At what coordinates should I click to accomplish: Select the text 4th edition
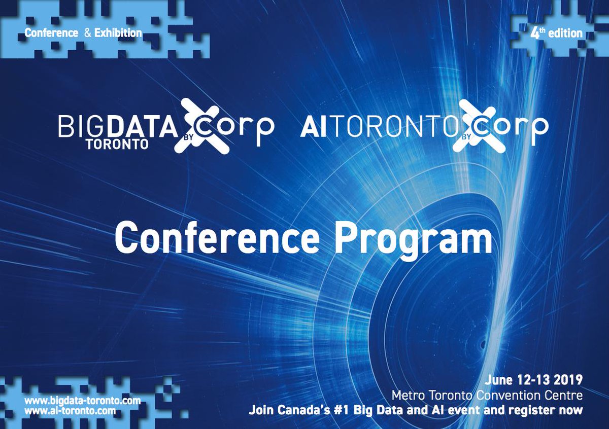(x=556, y=33)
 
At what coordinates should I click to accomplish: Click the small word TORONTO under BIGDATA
(x=117, y=144)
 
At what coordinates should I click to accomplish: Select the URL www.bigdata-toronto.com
(x=83, y=401)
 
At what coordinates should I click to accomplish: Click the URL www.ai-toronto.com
(x=70, y=410)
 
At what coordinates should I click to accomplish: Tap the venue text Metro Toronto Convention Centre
(x=487, y=395)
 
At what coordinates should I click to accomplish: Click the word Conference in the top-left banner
(x=51, y=33)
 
